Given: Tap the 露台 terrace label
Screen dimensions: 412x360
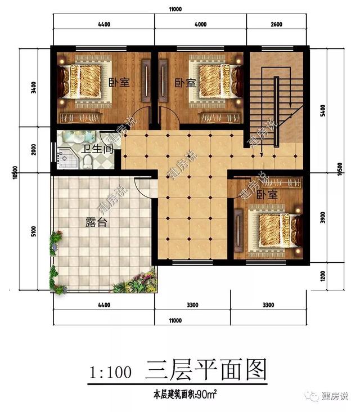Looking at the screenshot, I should pyautogui.click(x=96, y=222).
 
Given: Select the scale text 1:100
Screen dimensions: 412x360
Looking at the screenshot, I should pyautogui.click(x=110, y=372).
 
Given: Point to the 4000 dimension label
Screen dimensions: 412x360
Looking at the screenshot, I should pyautogui.click(x=200, y=24).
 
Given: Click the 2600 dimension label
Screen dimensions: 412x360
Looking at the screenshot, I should pyautogui.click(x=277, y=24).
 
